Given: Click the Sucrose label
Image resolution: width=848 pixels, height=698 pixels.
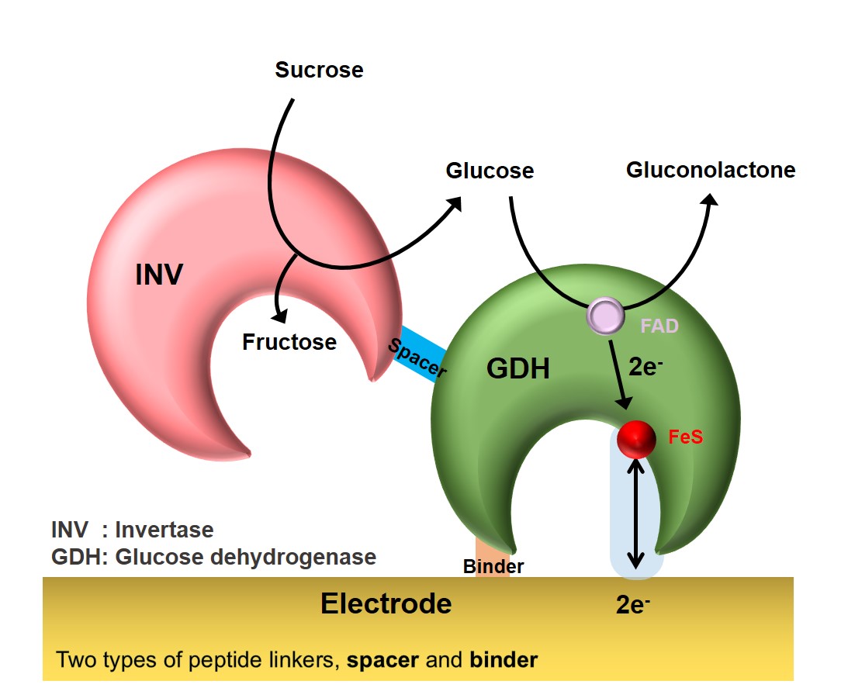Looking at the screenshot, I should [319, 71].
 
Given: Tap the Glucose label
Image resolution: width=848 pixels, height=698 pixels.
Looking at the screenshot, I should [490, 171].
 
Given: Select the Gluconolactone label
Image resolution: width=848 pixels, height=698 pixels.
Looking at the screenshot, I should [711, 170].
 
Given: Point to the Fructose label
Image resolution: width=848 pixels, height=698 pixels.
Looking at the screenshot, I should [289, 342].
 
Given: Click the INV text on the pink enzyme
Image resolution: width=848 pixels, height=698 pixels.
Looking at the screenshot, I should [158, 275].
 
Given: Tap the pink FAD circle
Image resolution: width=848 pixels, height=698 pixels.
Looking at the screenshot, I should [605, 316].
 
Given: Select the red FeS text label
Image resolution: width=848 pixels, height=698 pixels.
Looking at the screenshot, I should [685, 437].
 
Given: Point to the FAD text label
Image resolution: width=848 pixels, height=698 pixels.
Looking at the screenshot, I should [659, 327].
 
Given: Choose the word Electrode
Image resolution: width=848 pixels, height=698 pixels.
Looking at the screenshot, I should [386, 603].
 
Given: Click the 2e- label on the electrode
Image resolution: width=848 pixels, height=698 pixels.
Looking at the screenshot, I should [632, 605].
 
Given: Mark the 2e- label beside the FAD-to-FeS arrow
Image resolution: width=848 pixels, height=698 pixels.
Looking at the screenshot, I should [645, 368].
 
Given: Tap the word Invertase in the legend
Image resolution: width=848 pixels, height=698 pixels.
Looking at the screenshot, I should [164, 530].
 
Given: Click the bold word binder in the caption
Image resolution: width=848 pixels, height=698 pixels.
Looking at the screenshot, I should [504, 660].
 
